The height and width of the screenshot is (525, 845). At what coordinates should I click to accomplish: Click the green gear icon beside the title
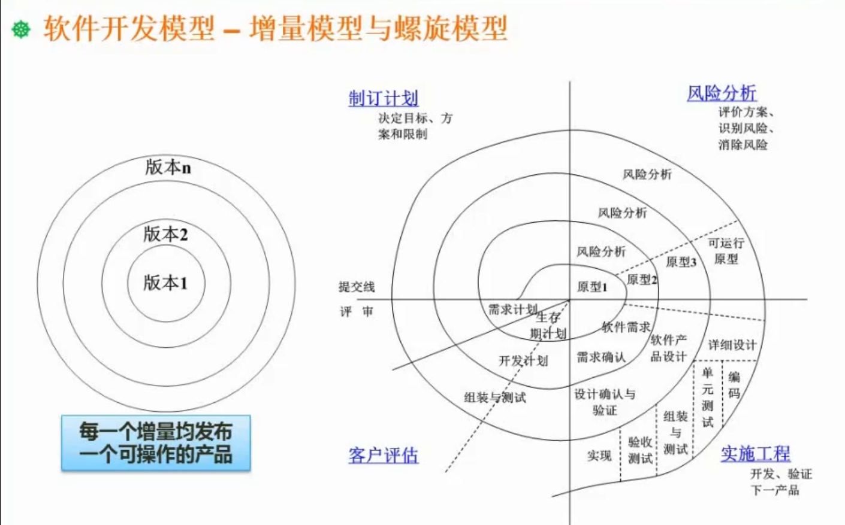21,29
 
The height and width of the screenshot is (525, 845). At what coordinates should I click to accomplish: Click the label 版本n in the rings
168,167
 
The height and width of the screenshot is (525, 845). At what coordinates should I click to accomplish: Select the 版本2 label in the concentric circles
165,234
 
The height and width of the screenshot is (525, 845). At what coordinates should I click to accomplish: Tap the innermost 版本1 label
165,282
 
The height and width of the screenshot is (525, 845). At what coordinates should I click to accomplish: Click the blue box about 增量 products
156,443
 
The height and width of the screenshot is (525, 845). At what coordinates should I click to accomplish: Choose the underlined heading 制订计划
384,98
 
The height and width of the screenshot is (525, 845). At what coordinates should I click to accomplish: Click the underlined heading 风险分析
722,93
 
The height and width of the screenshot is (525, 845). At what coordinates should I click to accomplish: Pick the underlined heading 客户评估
384,456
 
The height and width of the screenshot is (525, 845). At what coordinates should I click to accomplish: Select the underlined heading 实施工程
755,454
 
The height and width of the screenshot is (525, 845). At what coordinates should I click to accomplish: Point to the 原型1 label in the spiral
592,287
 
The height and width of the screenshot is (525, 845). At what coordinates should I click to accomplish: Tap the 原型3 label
681,262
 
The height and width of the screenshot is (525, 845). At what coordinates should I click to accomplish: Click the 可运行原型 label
726,251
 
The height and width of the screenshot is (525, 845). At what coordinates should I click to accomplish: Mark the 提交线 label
357,287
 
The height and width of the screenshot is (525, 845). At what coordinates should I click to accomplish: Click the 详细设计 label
732,345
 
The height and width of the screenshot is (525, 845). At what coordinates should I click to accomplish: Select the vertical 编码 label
734,385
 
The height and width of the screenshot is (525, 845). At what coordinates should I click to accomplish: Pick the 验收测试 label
640,450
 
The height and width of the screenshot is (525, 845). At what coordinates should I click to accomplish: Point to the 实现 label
599,456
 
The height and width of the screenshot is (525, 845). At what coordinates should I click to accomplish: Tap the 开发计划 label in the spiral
523,361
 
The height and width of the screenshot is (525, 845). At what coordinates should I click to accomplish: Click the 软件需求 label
626,327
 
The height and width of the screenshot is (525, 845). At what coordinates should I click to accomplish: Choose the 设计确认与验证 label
605,402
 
